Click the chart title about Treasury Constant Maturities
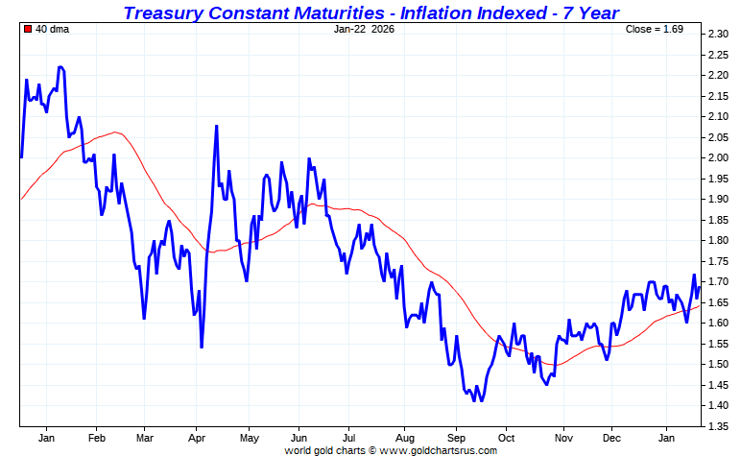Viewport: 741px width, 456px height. [x=370, y=12]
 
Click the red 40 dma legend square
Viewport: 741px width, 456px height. [x=27, y=29]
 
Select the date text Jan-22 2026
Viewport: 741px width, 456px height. [x=364, y=29]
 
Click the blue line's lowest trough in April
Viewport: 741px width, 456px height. [x=202, y=347]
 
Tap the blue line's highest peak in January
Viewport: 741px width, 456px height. [x=60, y=67]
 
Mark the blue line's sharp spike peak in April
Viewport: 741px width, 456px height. [x=216, y=126]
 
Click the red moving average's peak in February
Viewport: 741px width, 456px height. [x=116, y=132]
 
